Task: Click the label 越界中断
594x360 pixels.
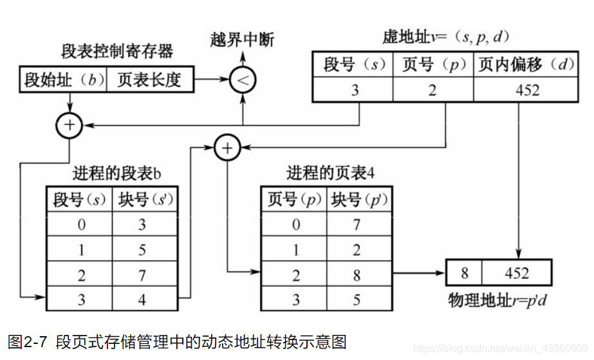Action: pyautogui.click(x=242, y=40)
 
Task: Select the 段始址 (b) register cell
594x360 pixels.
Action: pyautogui.click(x=64, y=81)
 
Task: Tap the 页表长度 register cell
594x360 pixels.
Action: pyautogui.click(x=149, y=81)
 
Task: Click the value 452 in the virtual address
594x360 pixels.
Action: pyautogui.click(x=528, y=90)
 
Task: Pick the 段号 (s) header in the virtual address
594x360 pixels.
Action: pyautogui.click(x=353, y=65)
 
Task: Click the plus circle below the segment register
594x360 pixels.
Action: pyautogui.click(x=69, y=126)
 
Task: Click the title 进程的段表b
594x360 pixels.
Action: pyautogui.click(x=116, y=173)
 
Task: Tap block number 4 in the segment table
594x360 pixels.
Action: pyautogui.click(x=143, y=300)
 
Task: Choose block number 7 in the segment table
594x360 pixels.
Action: pyautogui.click(x=143, y=275)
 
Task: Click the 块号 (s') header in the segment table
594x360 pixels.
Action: pyautogui.click(x=143, y=200)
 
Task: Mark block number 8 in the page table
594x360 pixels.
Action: pyautogui.click(x=357, y=275)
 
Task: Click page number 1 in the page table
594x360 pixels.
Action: pyautogui.click(x=295, y=250)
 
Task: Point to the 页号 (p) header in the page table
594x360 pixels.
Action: pyautogui.click(x=295, y=200)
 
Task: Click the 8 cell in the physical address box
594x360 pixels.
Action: pyautogui.click(x=465, y=272)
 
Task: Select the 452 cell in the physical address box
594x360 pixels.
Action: pyautogui.click(x=517, y=272)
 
